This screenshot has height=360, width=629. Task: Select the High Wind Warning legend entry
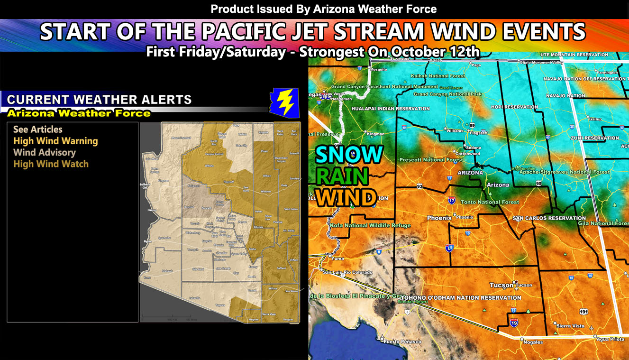click(55, 141)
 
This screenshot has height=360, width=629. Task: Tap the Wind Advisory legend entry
click(45, 152)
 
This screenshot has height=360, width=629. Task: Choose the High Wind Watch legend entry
click(51, 164)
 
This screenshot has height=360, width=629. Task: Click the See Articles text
click(38, 129)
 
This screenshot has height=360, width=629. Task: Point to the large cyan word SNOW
click(349, 155)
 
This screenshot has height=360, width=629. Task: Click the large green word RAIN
click(342, 176)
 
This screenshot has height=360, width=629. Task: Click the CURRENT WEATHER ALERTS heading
click(99, 100)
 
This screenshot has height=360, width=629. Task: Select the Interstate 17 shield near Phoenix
click(452, 201)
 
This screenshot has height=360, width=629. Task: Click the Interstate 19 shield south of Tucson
click(514, 323)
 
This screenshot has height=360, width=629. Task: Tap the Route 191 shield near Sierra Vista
click(583, 311)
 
